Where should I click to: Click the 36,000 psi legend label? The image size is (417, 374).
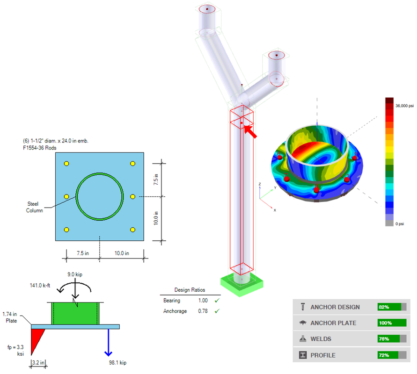pyautogui.click(x=405, y=106)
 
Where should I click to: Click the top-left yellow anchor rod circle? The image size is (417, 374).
pyautogui.click(x=66, y=164)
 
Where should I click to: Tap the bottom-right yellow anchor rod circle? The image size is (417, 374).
pyautogui.click(x=133, y=230)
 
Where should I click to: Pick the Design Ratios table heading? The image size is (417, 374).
pyautogui.click(x=190, y=290)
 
